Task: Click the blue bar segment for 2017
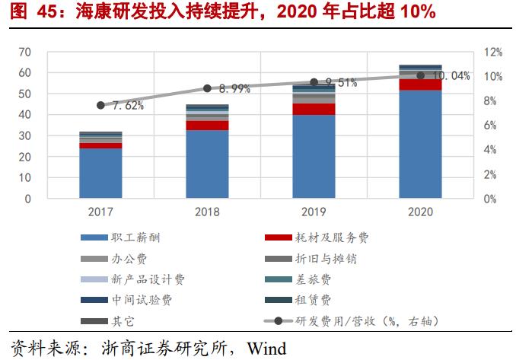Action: coord(100,173)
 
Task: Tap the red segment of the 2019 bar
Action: coord(314,109)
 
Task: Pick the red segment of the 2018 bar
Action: coord(207,126)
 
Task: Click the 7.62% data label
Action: coord(126,106)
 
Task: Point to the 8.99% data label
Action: coord(234,89)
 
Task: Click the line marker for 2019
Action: coord(314,82)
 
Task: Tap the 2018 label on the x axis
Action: coord(207,212)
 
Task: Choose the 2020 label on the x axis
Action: coord(420,212)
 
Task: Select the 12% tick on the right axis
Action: coord(494,52)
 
